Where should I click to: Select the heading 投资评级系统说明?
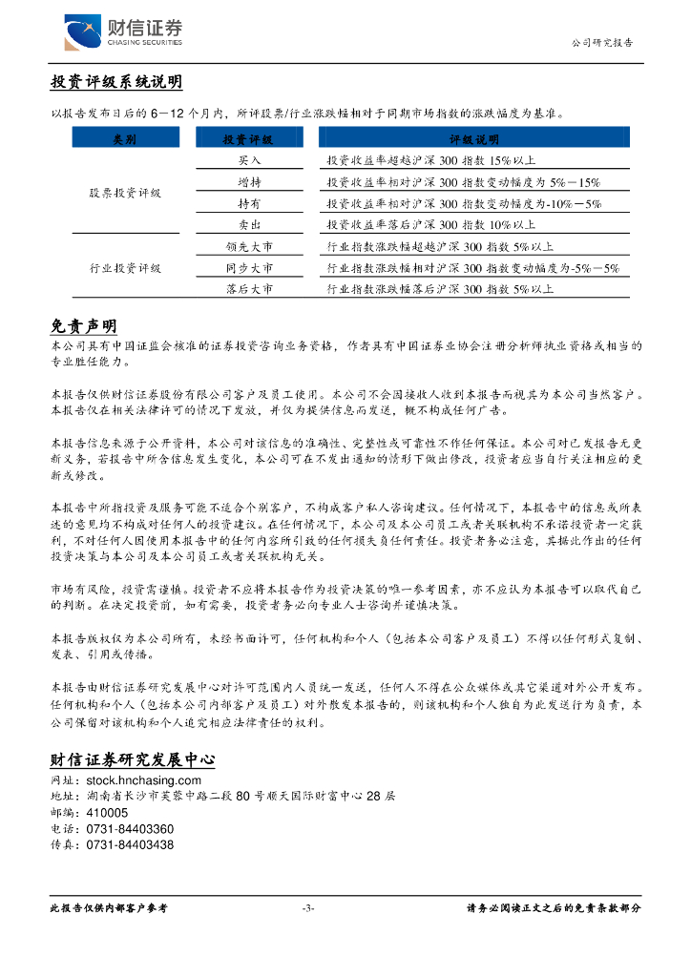[116, 83]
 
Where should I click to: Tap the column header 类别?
[124, 139]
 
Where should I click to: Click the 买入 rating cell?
[249, 160]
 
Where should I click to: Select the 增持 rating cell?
[249, 182]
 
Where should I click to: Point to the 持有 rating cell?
[249, 204]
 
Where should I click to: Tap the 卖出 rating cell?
[249, 225]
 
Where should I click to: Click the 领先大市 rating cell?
[249, 247]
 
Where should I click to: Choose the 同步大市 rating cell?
[249, 269]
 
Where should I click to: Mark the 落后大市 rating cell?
[249, 288]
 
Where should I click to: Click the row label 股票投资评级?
[125, 193]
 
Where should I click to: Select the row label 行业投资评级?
[125, 268]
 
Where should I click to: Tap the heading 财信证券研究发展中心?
[132, 760]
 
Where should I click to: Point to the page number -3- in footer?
[307, 908]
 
